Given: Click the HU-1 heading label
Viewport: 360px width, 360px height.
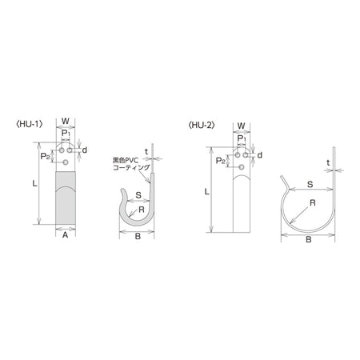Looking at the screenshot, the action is pyautogui.click(x=30, y=124).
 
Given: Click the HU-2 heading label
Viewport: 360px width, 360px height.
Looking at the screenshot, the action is pyautogui.click(x=202, y=125).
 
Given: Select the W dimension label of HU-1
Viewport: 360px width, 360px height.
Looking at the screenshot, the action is pyautogui.click(x=66, y=121).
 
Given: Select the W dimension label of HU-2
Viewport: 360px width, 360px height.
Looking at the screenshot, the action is pyautogui.click(x=241, y=126).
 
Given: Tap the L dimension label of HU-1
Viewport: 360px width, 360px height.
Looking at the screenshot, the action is pyautogui.click(x=34, y=183).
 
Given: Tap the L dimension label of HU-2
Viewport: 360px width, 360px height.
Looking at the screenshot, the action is pyautogui.click(x=206, y=191).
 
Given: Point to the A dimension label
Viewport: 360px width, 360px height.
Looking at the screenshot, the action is pyautogui.click(x=65, y=235).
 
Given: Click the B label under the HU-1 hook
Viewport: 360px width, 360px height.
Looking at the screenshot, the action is pyautogui.click(x=138, y=236).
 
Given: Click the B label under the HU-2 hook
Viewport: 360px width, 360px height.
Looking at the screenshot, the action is pyautogui.click(x=309, y=239).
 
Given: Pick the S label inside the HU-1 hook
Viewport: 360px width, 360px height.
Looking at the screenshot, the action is pyautogui.click(x=138, y=195).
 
